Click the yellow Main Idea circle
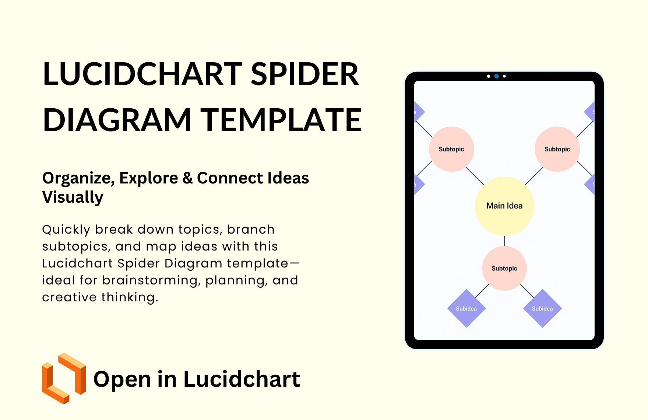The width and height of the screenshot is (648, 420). click(x=504, y=206)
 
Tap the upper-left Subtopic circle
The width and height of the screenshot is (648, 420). click(x=451, y=149)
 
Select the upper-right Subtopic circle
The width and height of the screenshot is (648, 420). click(x=557, y=149)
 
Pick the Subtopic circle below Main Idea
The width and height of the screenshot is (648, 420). click(x=504, y=268)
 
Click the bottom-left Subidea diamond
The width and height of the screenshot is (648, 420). click(x=466, y=308)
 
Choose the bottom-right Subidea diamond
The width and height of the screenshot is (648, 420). click(x=542, y=308)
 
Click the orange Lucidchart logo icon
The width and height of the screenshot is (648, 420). click(x=64, y=378)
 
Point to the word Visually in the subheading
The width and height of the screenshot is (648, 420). click(x=73, y=197)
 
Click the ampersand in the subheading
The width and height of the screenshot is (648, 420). click(x=187, y=178)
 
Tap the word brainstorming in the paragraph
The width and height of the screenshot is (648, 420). click(x=151, y=280)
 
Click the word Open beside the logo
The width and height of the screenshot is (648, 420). click(x=122, y=379)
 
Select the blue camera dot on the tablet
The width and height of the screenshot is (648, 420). click(x=496, y=76)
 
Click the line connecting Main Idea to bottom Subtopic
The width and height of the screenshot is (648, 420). click(x=504, y=241)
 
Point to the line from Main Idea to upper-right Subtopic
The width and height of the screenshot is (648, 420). click(x=534, y=176)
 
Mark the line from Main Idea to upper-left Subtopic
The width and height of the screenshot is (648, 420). click(x=475, y=176)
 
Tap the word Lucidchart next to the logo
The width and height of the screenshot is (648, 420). click(x=242, y=379)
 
